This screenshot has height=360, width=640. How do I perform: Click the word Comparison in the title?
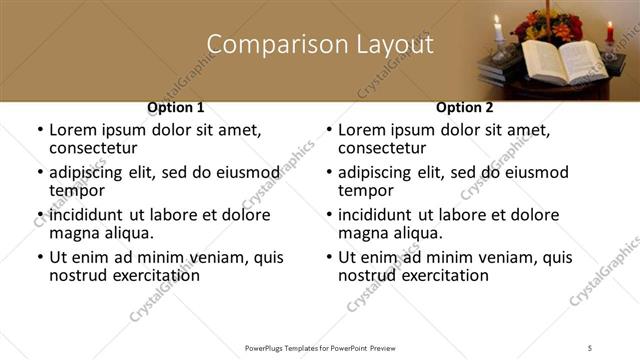point(259,45)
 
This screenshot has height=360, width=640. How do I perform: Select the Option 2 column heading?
point(464,107)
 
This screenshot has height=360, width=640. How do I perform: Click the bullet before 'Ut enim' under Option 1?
point(39,257)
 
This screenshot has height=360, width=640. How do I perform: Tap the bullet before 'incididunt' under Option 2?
point(328,215)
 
